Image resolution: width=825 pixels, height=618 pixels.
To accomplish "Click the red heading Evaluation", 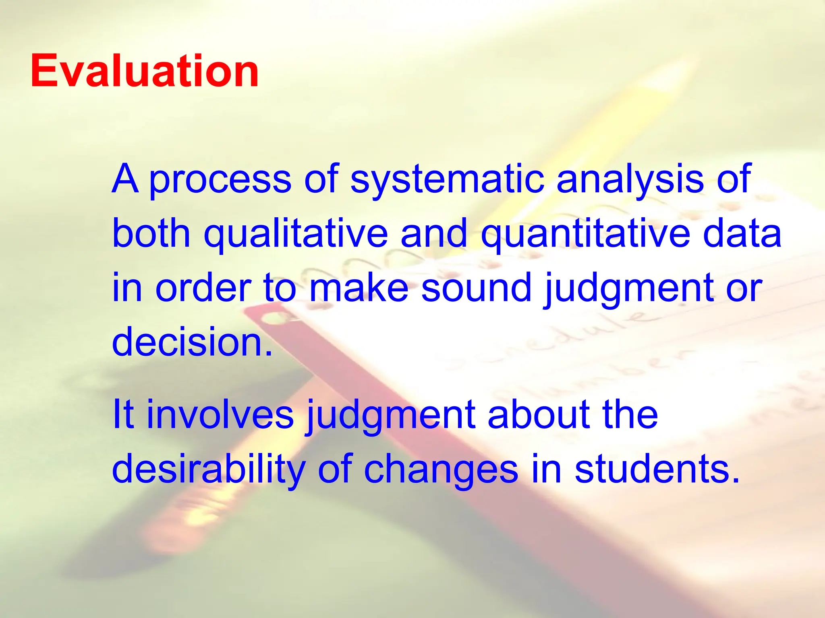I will pyautogui.click(x=144, y=72).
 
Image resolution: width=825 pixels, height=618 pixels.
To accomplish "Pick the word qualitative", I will pyautogui.click(x=296, y=234).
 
